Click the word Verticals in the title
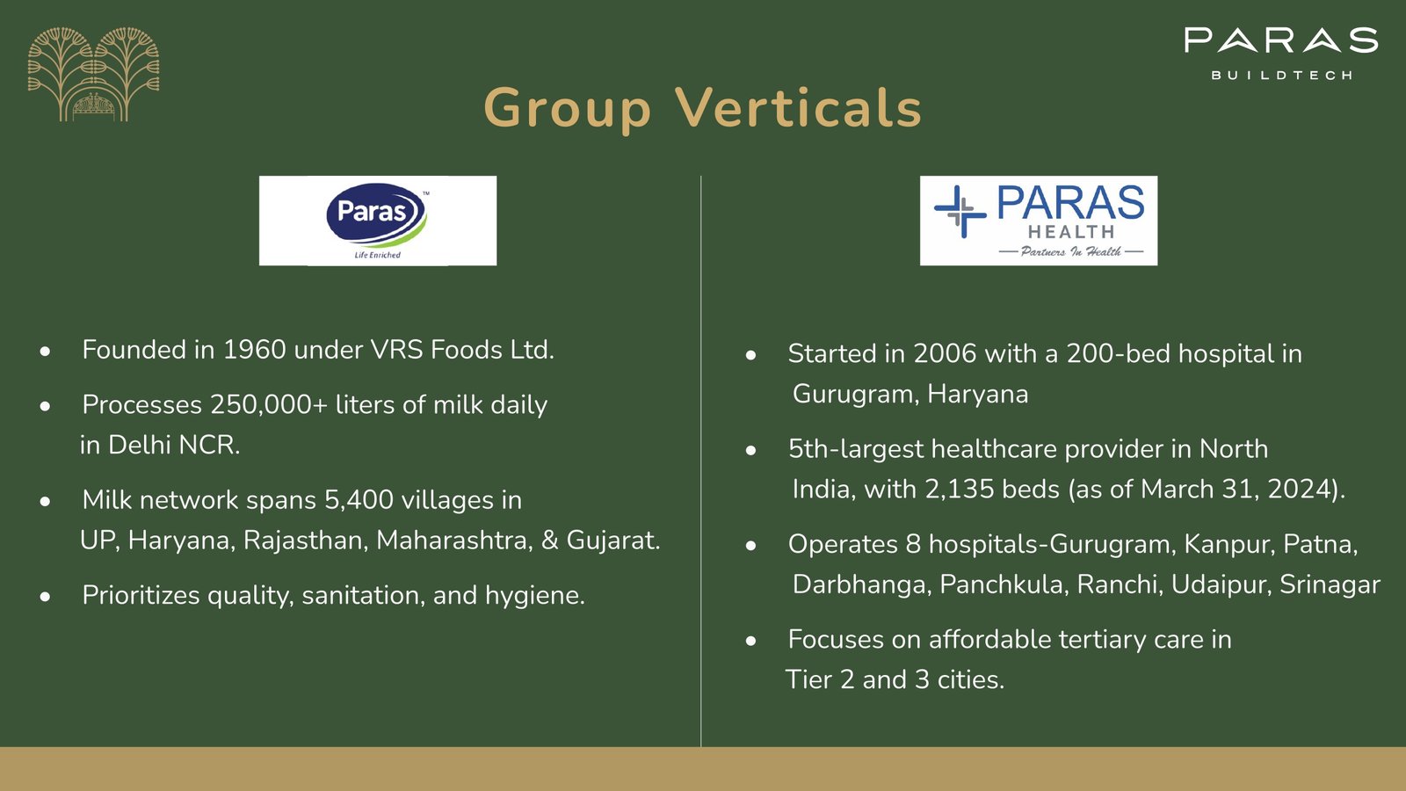798,108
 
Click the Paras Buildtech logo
1281,54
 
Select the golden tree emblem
93,74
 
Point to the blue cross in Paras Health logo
960,212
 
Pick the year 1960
254,350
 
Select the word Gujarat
613,541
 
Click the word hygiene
535,596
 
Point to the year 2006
945,353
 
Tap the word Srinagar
1330,585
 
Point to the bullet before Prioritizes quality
45,597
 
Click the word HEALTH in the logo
1071,232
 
